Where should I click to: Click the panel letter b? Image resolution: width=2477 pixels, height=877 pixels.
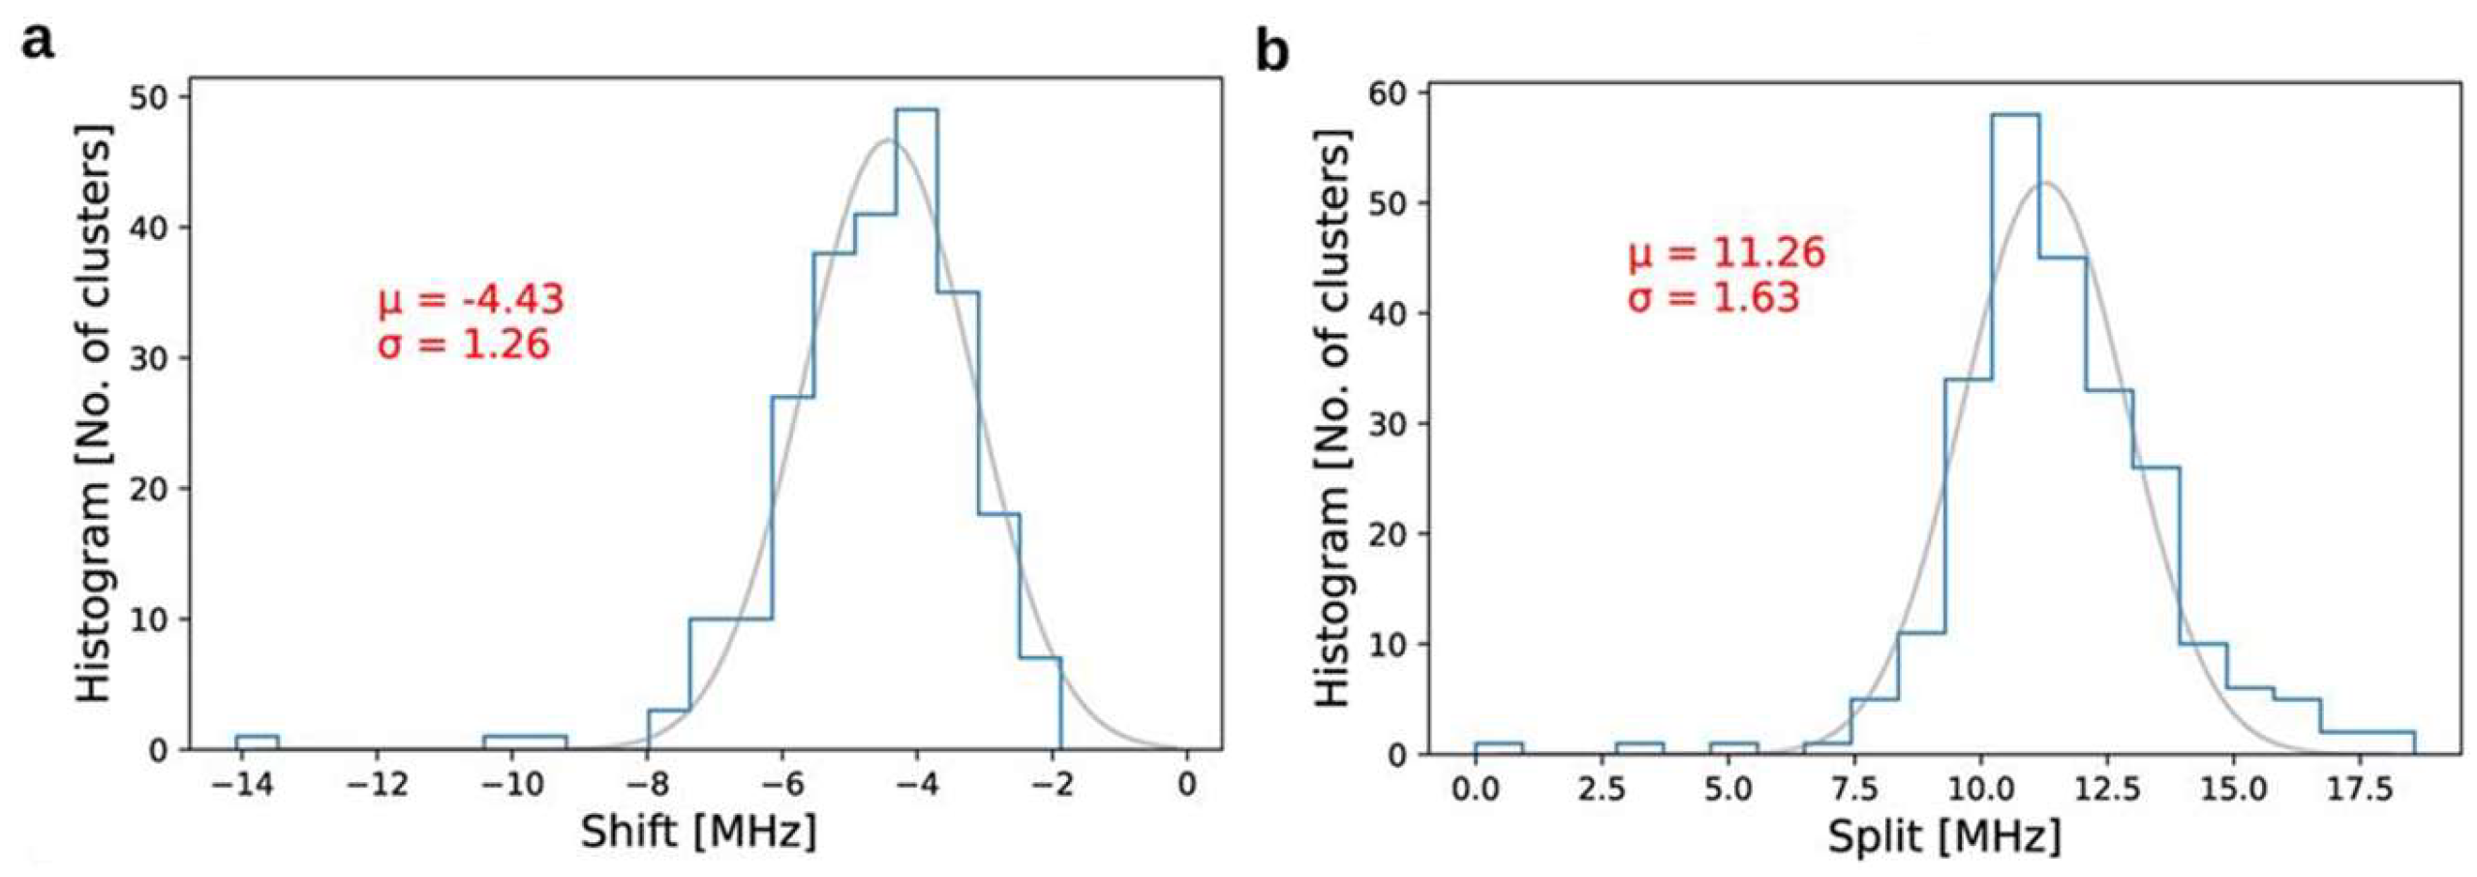1271,51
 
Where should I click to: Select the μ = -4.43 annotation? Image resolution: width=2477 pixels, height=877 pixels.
471,300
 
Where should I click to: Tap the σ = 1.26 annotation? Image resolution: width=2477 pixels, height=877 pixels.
463,345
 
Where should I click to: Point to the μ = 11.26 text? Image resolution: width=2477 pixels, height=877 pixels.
1725,254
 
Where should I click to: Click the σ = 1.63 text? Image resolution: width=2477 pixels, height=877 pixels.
1712,297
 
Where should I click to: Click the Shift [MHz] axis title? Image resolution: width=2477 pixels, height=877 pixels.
698,832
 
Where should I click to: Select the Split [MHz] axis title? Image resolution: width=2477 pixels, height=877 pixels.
1943,835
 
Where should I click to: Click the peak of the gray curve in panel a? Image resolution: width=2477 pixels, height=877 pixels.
888,141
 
